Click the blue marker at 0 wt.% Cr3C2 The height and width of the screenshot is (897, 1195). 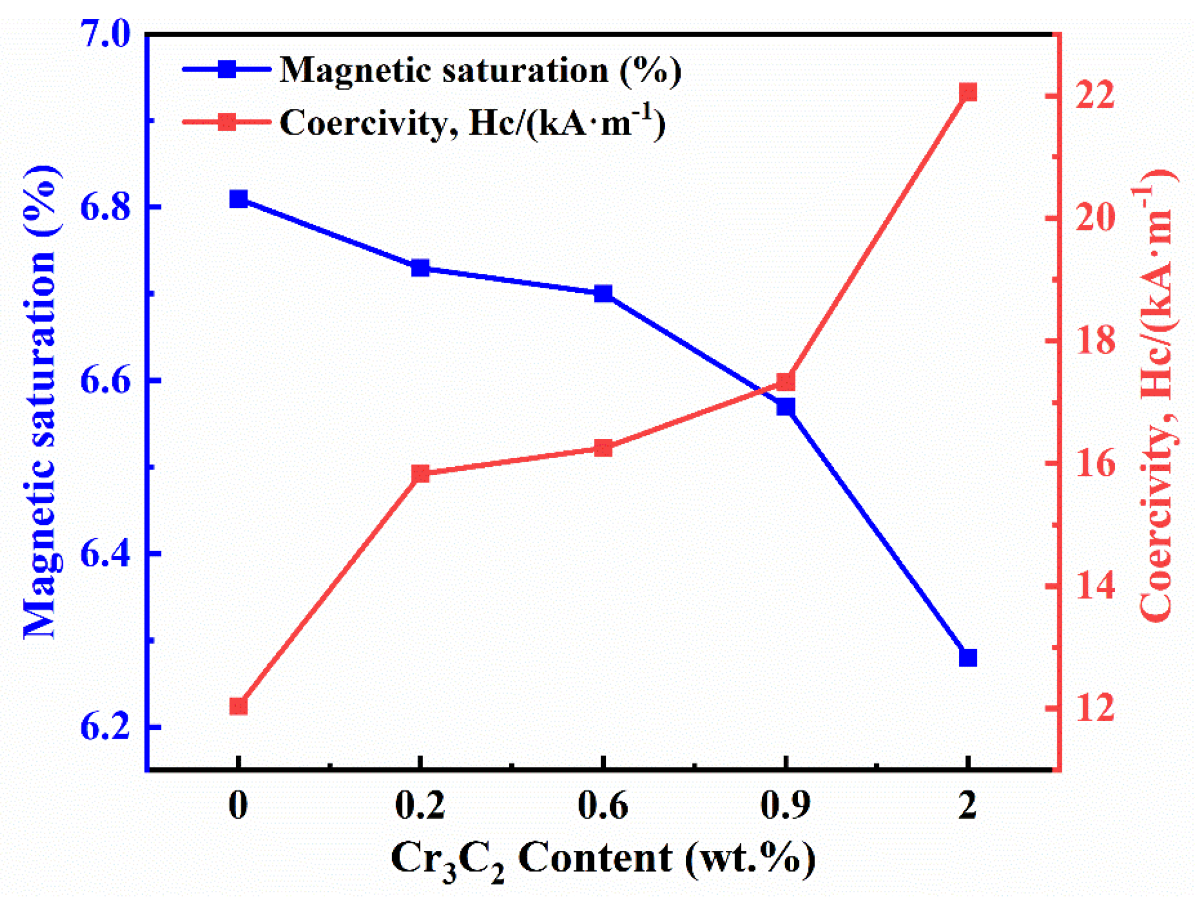pyautogui.click(x=238, y=199)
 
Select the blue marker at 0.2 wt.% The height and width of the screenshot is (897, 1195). pyautogui.click(x=420, y=268)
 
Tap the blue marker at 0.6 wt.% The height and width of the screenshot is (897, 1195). pyautogui.click(x=603, y=293)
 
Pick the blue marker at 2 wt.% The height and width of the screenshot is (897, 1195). pyautogui.click(x=968, y=658)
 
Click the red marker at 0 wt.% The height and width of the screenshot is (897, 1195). pyautogui.click(x=238, y=706)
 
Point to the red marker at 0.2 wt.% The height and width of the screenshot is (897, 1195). pyautogui.click(x=420, y=474)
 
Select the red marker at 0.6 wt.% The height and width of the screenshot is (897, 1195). pyautogui.click(x=603, y=448)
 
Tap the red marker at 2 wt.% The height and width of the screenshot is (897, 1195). pyautogui.click(x=968, y=92)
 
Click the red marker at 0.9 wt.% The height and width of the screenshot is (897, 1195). pyautogui.click(x=786, y=382)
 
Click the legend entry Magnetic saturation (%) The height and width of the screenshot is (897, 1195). pyautogui.click(x=480, y=71)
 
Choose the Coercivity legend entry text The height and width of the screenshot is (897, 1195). pyautogui.click(x=472, y=122)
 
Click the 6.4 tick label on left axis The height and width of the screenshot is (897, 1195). pyautogui.click(x=105, y=553)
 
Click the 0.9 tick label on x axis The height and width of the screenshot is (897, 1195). pyautogui.click(x=785, y=805)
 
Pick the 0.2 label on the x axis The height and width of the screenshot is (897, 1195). pyautogui.click(x=420, y=805)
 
